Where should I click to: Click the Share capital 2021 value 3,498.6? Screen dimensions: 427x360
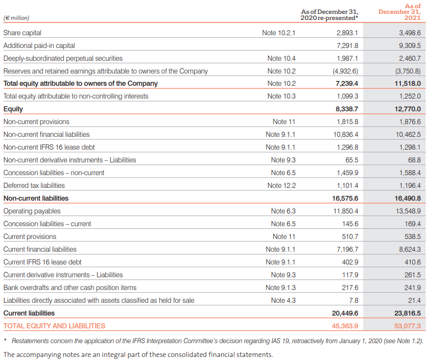tap(410, 33)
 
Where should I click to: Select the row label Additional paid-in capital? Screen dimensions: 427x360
tap(39, 46)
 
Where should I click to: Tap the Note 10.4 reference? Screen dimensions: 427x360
tap(281, 58)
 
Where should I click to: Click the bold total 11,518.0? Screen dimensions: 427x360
tap(408, 84)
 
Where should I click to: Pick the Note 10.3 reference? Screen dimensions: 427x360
tap(281, 96)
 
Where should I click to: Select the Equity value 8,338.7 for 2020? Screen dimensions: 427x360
tap(347, 109)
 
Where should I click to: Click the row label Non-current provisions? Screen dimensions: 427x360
tap(36, 122)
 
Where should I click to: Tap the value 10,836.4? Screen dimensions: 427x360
tap(346, 134)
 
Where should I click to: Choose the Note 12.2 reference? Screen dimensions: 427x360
tap(281, 185)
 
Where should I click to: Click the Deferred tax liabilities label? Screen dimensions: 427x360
tap(34, 185)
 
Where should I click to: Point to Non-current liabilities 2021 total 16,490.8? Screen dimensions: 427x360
tap(408, 199)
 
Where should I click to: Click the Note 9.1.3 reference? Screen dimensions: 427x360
tap(280, 287)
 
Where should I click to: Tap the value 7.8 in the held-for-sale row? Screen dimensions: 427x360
tap(353, 300)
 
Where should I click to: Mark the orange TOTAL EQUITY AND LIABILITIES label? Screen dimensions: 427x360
tap(54, 326)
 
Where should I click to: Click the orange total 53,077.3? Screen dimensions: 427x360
tap(408, 326)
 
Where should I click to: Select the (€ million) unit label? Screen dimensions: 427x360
tap(16, 18)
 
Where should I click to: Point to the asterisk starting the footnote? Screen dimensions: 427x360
tap(5, 341)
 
